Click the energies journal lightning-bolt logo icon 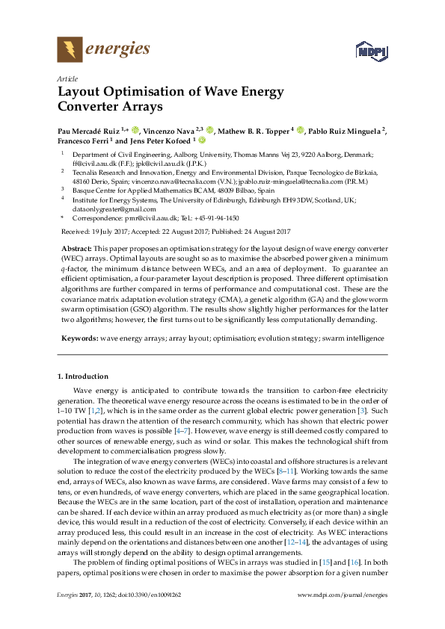point(70,50)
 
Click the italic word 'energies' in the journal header point(117,50)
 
